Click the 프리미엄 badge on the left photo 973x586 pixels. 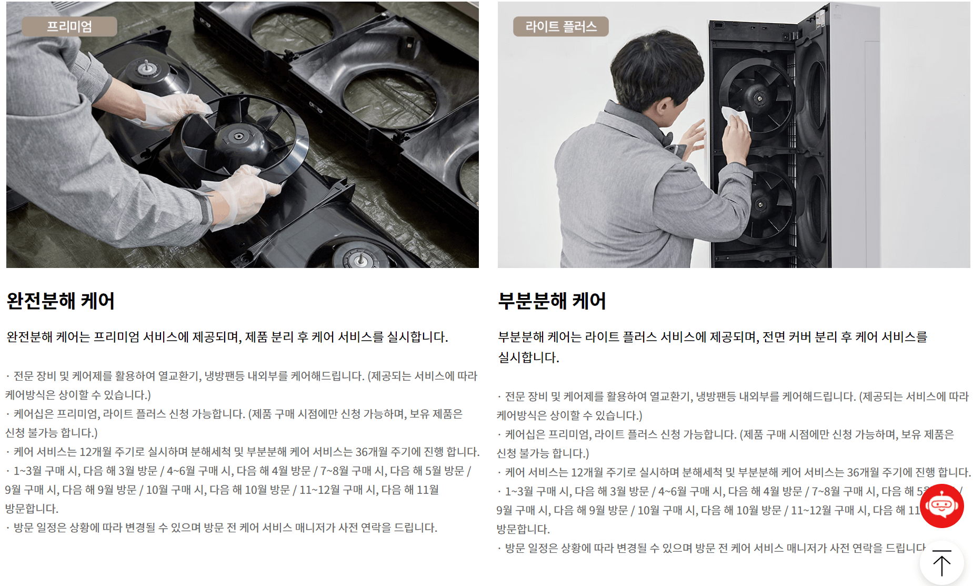pyautogui.click(x=69, y=26)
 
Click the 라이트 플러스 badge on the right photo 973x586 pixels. pyautogui.click(x=560, y=26)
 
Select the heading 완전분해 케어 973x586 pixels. pyautogui.click(x=61, y=301)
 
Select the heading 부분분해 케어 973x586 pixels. pyautogui.click(x=552, y=301)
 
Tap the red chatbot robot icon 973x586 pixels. pyautogui.click(x=941, y=506)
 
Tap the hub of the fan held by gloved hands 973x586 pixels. pyautogui.click(x=238, y=137)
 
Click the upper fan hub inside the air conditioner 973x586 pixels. pyautogui.click(x=759, y=99)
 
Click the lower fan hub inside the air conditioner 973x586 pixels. pyautogui.click(x=760, y=204)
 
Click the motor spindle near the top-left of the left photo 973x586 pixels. pyautogui.click(x=146, y=67)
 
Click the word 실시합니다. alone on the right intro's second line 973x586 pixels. pyautogui.click(x=528, y=357)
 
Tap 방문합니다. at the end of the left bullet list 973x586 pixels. pyautogui.click(x=32, y=509)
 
